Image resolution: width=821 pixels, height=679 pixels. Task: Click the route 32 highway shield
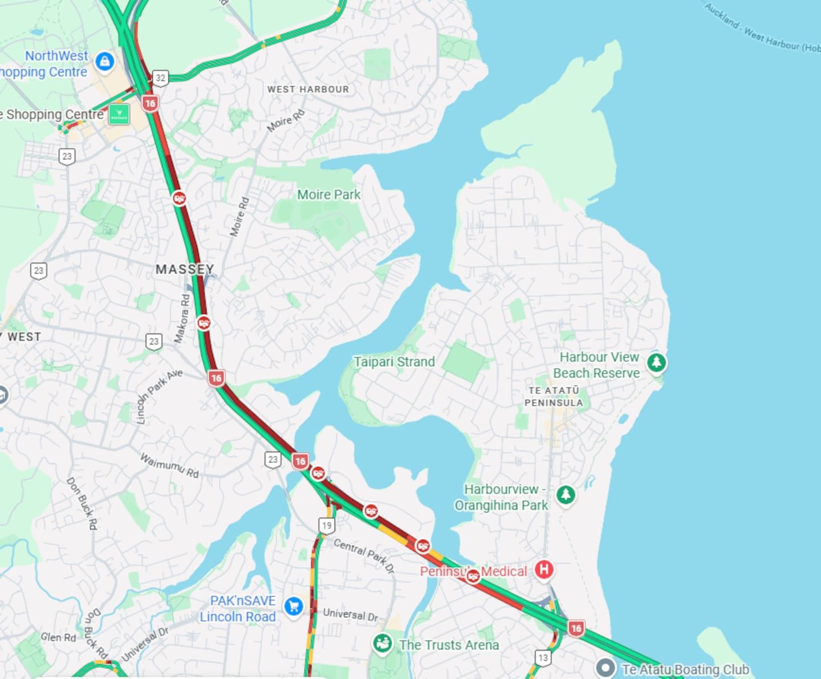161,78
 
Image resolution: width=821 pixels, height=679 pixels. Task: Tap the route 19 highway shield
327,526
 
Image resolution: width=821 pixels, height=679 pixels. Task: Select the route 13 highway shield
543,658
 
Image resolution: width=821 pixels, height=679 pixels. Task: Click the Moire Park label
328,195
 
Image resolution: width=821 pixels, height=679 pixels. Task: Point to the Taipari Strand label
394,362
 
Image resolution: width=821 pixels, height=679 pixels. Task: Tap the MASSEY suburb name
185,269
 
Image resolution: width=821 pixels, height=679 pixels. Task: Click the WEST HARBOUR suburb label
308,90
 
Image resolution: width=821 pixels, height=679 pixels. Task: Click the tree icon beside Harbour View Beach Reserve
656,362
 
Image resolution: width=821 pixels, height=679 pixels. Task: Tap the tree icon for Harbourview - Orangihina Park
566,494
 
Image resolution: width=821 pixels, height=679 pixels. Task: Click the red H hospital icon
544,569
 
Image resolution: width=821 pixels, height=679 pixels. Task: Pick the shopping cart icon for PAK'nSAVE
294,607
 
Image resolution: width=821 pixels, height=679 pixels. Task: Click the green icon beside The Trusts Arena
382,644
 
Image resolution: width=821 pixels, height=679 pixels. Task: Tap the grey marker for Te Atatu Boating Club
605,668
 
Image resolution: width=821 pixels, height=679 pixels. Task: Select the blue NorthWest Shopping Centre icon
105,61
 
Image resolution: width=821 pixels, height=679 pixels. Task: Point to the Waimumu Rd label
169,465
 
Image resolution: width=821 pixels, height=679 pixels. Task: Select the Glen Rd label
58,637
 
